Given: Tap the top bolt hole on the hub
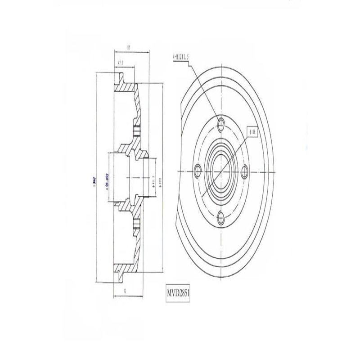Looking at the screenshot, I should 220,124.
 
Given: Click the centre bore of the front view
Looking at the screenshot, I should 220,171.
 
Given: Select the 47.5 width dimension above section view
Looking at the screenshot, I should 120,63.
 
